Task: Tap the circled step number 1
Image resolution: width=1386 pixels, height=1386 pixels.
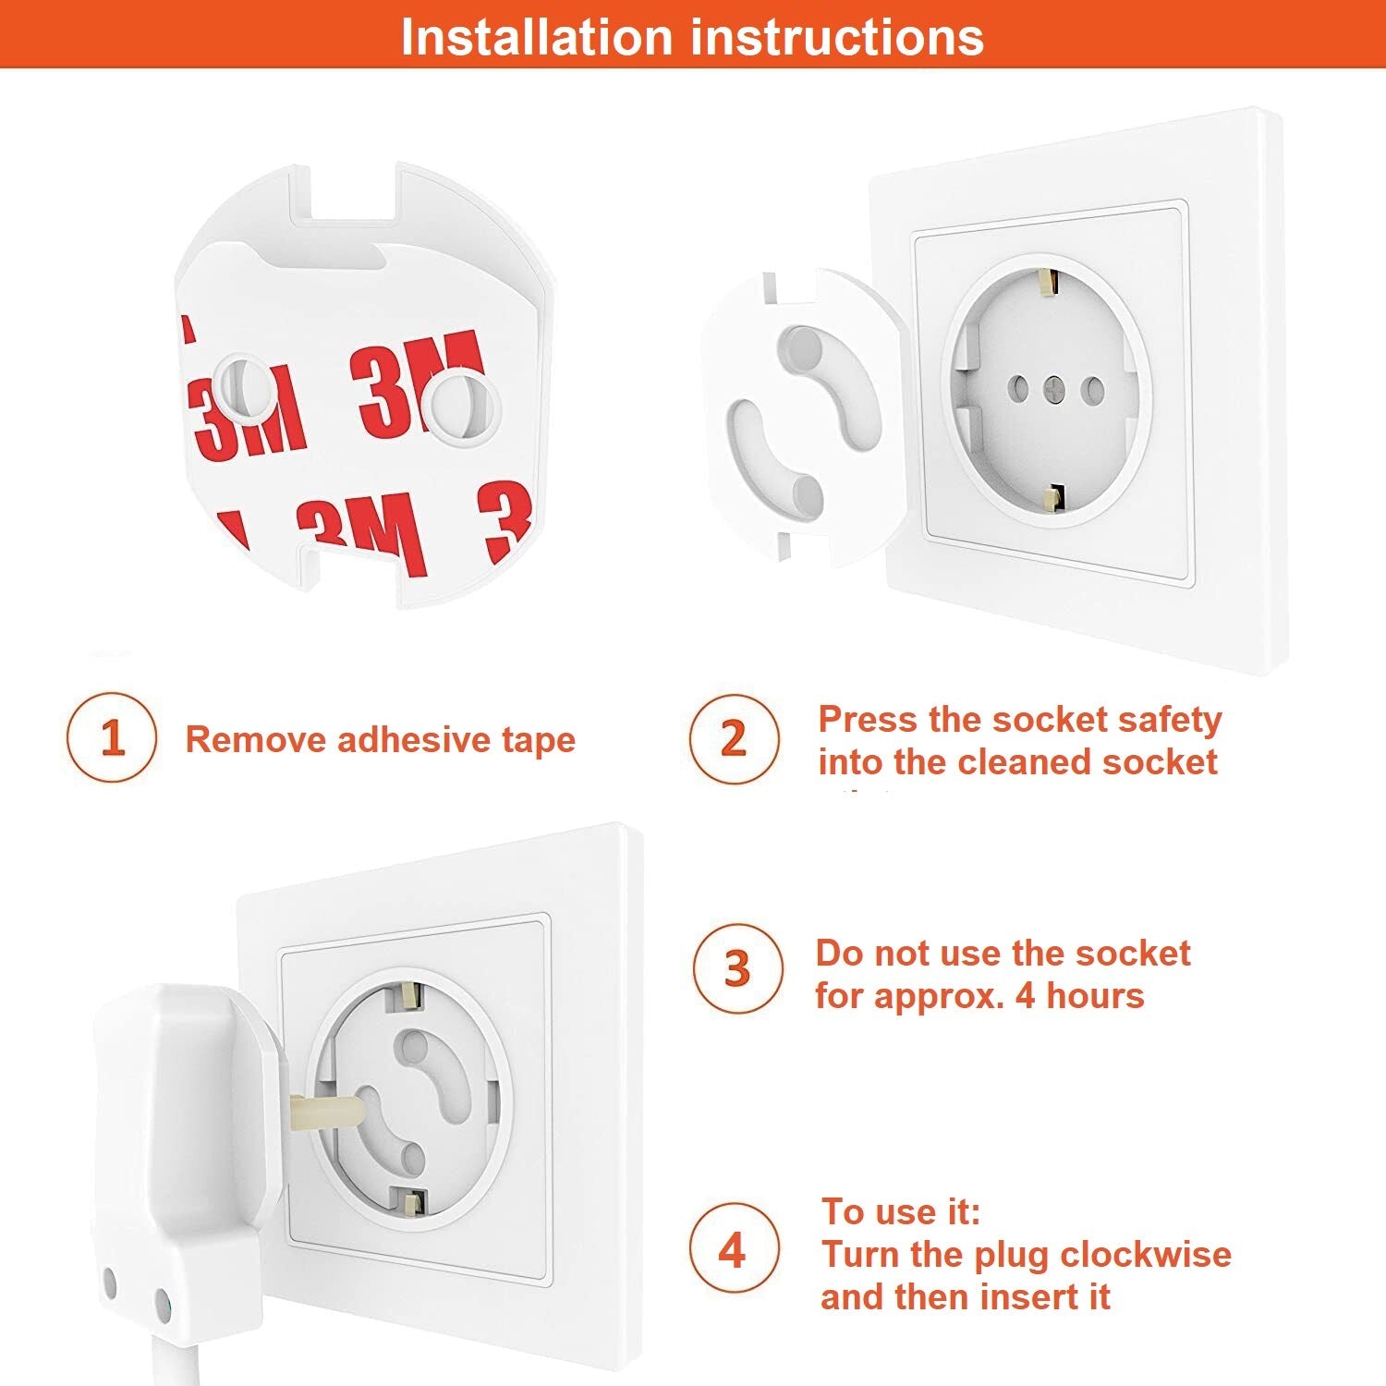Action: coord(112,737)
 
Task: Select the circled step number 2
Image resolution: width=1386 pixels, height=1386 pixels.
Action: coord(734,738)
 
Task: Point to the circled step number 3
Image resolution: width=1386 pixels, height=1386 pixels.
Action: coord(737,968)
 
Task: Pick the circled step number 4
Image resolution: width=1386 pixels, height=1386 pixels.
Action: coord(734,1249)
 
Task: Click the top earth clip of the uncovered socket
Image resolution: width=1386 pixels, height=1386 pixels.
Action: coord(1048,283)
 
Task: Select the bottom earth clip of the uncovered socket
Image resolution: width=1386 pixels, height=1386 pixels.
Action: coord(1051,498)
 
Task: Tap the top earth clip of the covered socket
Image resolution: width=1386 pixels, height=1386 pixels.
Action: coord(407,996)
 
